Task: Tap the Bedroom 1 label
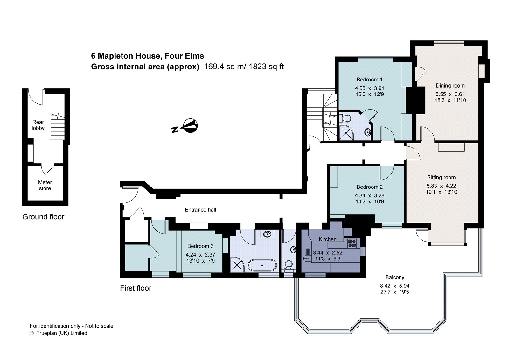point(369,80)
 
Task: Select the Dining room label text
point(450,86)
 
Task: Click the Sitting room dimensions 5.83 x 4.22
point(441,186)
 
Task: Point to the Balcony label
point(394,277)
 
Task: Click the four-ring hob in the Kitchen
point(352,244)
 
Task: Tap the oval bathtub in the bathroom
point(262,265)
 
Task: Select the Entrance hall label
point(200,210)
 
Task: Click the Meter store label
point(45,185)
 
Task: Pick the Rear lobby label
point(38,125)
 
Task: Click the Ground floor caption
point(43,217)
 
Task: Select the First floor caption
point(136,288)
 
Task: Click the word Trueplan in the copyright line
point(48,333)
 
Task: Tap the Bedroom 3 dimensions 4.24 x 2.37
point(200,255)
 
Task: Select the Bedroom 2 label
point(369,187)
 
